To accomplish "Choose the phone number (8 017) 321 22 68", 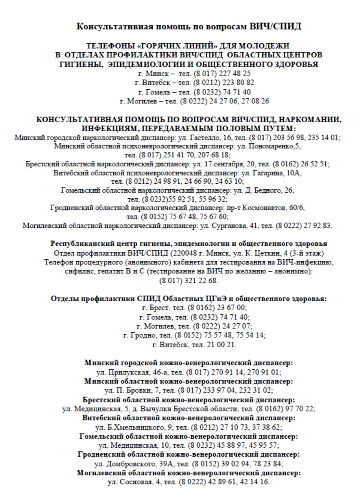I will (180, 280).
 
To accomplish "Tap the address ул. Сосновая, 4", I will (132, 481).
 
